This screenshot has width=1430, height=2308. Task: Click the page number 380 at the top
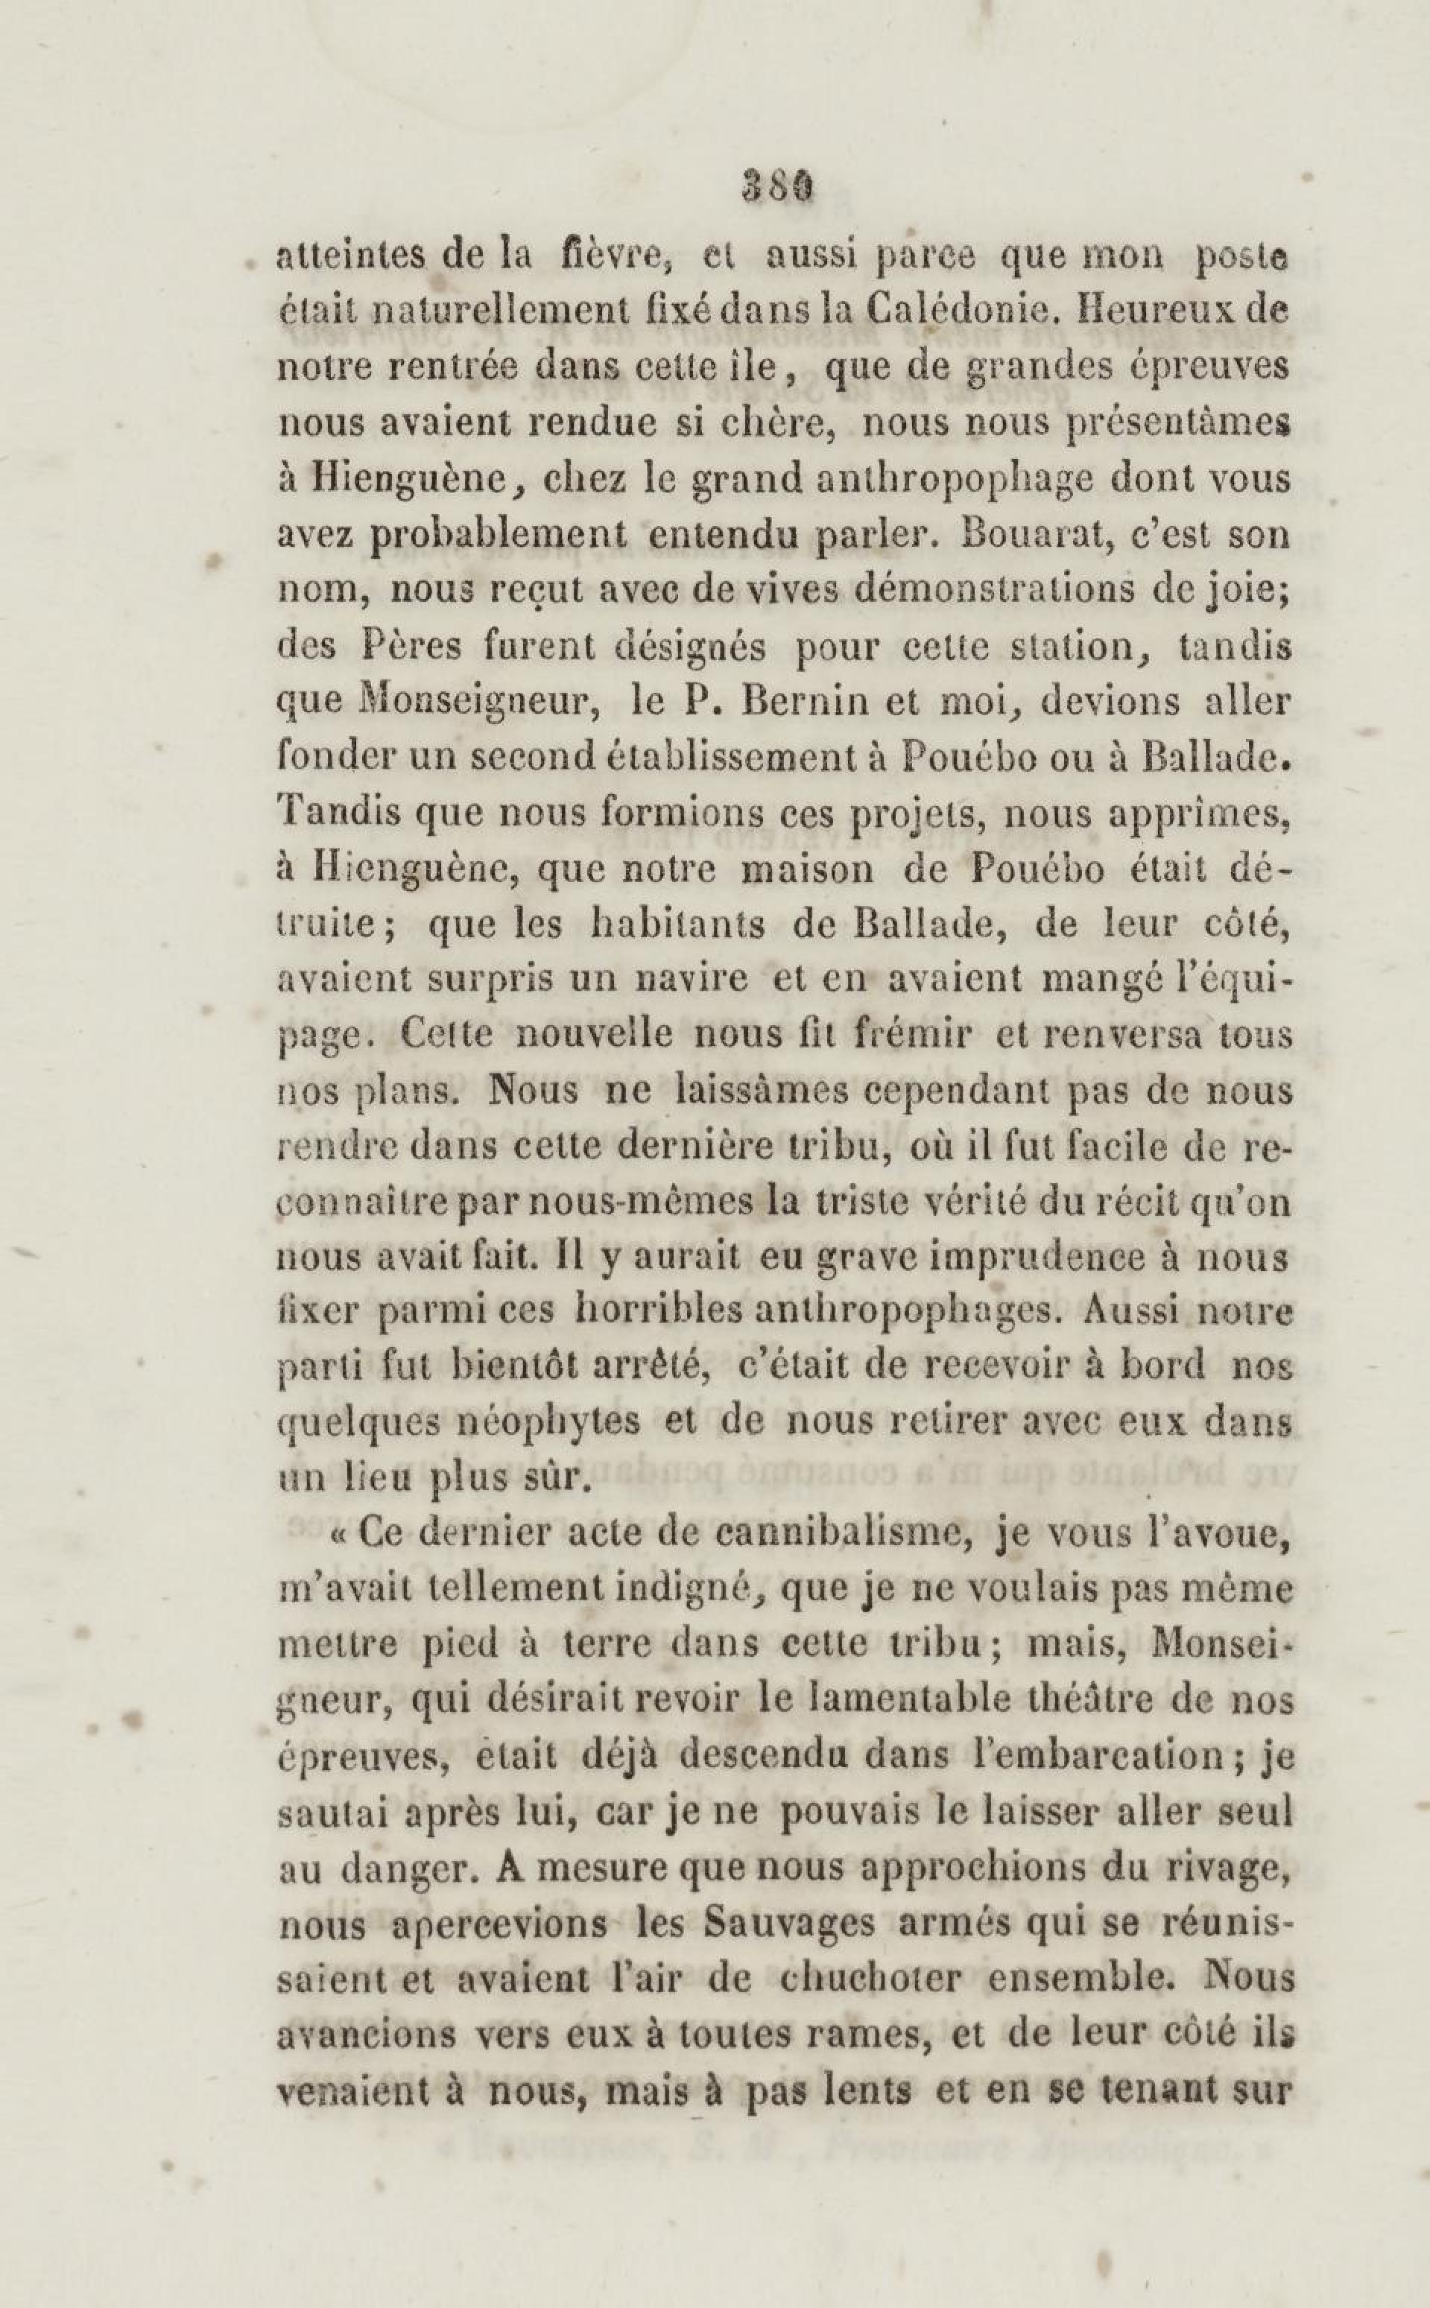777,186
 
